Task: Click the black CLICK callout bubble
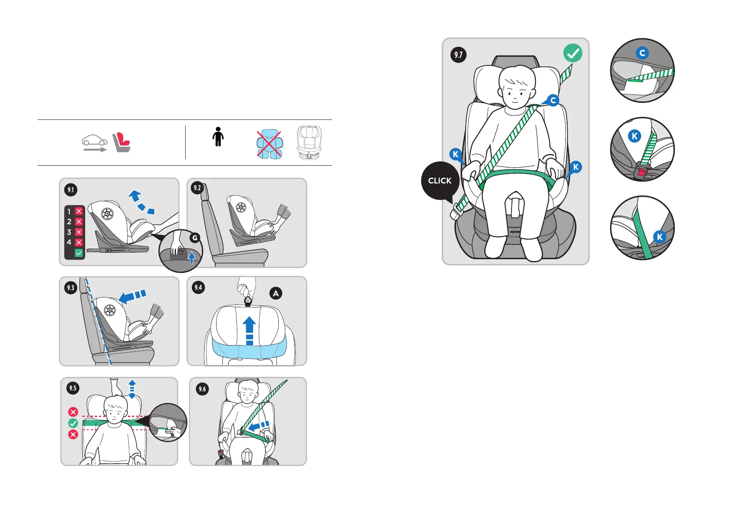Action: click(440, 181)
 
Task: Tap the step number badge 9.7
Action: click(459, 55)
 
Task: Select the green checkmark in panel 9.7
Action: click(572, 53)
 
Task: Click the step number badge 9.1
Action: click(71, 190)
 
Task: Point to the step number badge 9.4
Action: click(198, 287)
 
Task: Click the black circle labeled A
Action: click(276, 293)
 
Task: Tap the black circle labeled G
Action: click(195, 238)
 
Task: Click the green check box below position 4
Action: click(78, 253)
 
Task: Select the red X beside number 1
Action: click(78, 211)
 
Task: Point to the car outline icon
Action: click(94, 141)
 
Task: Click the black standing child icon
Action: click(218, 137)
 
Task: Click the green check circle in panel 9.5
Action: click(73, 423)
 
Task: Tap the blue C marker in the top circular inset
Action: click(643, 53)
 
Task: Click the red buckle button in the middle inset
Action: click(642, 172)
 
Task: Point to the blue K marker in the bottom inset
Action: click(660, 237)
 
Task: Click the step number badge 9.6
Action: click(202, 389)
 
